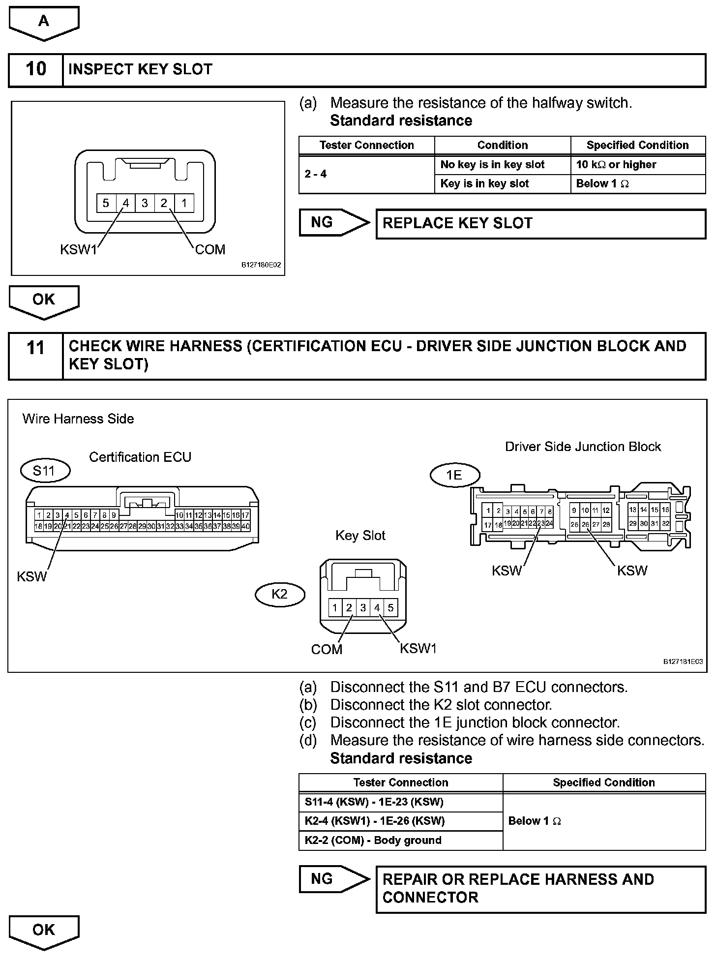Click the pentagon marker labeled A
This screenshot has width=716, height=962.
[x=44, y=22]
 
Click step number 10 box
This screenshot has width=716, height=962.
[x=36, y=69]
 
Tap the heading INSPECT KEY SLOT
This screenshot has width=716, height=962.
[x=140, y=69]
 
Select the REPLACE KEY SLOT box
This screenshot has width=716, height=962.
[x=540, y=224]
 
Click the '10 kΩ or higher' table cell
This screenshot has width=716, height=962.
[x=637, y=165]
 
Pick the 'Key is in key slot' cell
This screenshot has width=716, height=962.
[x=502, y=184]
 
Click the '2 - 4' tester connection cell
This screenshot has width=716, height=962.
[x=366, y=174]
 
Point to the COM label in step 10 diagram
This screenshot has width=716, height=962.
[x=210, y=250]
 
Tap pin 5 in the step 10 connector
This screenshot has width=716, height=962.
[x=106, y=203]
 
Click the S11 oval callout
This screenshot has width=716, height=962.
[x=45, y=471]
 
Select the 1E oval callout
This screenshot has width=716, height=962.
[x=454, y=475]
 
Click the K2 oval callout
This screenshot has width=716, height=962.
[x=279, y=594]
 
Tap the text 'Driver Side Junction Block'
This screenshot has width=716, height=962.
[x=583, y=447]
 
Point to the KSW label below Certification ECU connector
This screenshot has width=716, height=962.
[x=31, y=576]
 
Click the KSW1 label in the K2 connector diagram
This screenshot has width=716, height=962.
[x=418, y=649]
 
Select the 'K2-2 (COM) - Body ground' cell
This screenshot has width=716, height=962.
[x=400, y=841]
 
